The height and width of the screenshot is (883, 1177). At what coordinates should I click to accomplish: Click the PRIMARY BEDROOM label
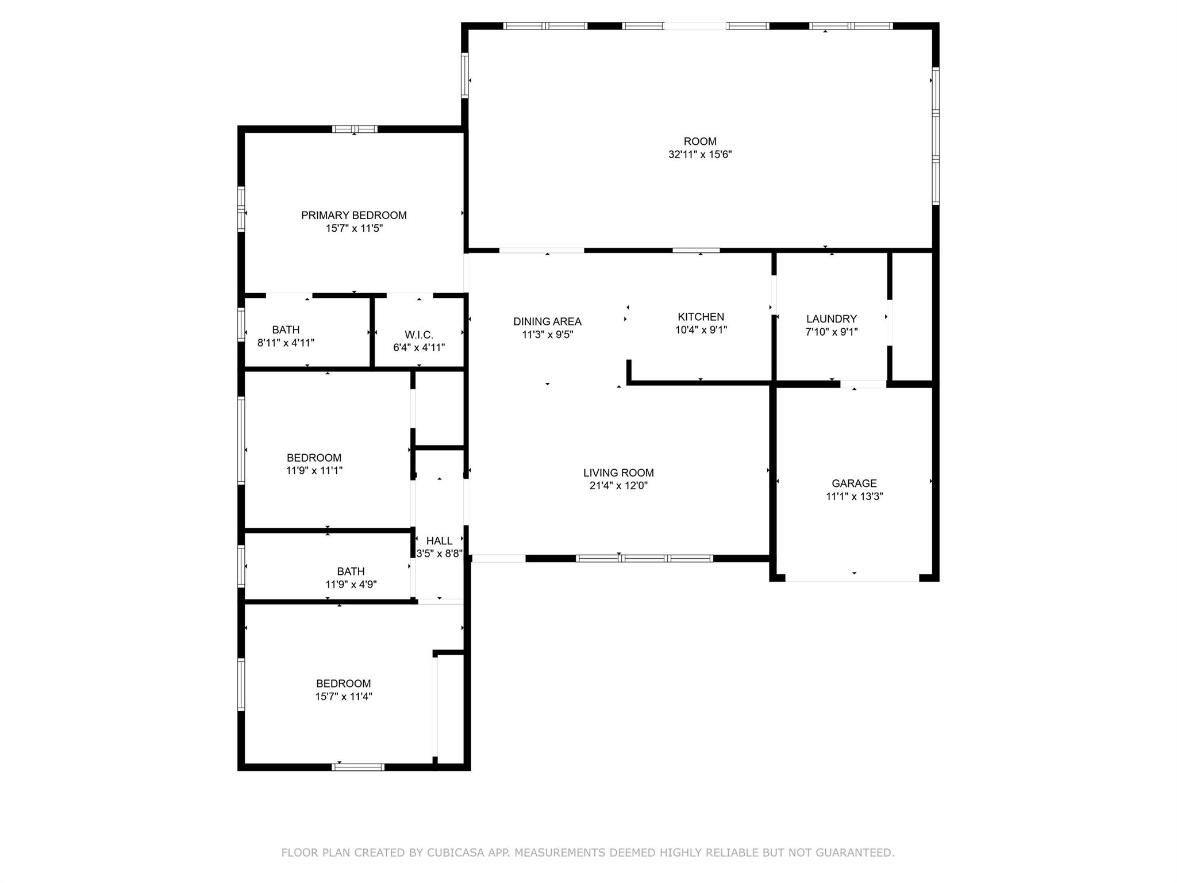click(353, 216)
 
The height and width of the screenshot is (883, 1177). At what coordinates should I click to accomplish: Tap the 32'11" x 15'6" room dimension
click(700, 155)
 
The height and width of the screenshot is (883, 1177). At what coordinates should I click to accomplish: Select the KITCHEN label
click(701, 317)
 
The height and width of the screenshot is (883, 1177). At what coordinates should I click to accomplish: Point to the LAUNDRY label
click(831, 319)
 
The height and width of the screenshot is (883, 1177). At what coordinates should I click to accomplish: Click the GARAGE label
click(854, 483)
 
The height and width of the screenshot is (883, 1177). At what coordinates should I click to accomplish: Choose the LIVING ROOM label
click(618, 473)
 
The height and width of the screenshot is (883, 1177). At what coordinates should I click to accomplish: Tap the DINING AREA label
click(547, 322)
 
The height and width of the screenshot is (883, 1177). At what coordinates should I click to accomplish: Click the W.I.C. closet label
click(419, 335)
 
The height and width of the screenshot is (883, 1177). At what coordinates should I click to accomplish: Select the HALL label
click(439, 541)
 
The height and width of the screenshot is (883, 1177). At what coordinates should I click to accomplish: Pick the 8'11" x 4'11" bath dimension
click(286, 343)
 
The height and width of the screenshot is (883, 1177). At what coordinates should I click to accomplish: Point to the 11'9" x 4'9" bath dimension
click(351, 585)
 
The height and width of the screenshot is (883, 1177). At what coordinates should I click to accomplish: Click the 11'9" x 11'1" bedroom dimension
click(314, 471)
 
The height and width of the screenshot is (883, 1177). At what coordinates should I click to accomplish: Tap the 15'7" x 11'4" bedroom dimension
click(344, 697)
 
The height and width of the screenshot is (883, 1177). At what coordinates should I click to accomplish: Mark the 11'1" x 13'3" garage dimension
click(854, 497)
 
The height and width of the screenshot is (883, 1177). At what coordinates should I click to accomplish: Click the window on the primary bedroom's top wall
click(355, 129)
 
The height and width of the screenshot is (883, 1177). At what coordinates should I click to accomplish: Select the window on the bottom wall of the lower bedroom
click(358, 767)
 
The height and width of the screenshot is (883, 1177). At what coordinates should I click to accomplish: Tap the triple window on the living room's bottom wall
click(644, 558)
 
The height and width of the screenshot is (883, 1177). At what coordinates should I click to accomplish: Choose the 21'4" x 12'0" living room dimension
click(618, 486)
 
